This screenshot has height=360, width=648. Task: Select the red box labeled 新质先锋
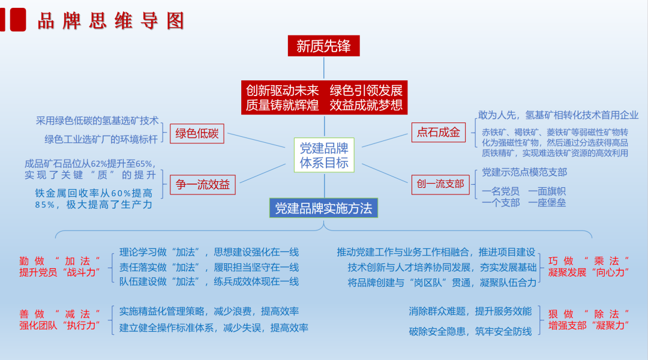[x=323, y=46]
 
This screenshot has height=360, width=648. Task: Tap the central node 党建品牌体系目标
[x=324, y=155]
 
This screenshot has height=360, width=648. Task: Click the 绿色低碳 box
[x=197, y=133]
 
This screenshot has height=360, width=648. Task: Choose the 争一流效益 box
[x=203, y=184]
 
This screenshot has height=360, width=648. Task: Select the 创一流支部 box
[x=440, y=184]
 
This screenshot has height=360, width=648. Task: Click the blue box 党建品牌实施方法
[x=323, y=208]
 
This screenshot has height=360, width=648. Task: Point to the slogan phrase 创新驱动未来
[x=283, y=91]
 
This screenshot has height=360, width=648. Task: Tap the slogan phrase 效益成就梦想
[x=366, y=106]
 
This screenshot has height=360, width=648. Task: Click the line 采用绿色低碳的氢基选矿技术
[x=97, y=120]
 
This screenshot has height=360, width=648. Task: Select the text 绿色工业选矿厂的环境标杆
[x=101, y=139]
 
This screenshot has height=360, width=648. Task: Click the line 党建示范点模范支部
[x=524, y=172]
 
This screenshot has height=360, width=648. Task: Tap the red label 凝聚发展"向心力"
[x=589, y=272]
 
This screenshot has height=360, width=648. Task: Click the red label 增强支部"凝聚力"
[x=589, y=325]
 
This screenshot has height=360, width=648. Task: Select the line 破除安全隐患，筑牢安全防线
[x=470, y=331]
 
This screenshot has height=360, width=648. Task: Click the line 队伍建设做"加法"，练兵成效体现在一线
[x=209, y=281]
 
